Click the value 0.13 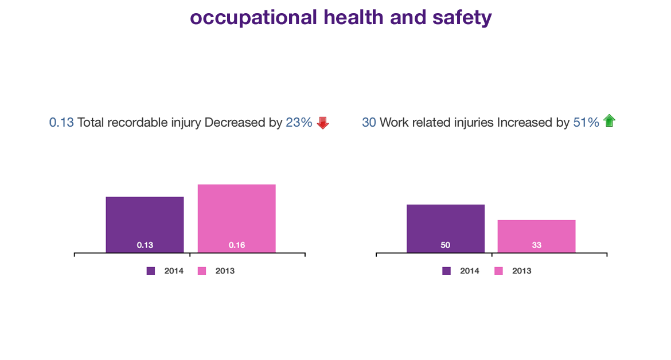point(145,245)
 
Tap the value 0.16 point(237,245)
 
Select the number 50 point(445,245)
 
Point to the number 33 point(536,245)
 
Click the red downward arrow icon point(323,122)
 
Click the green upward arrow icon point(609,120)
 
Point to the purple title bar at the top point(341,18)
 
